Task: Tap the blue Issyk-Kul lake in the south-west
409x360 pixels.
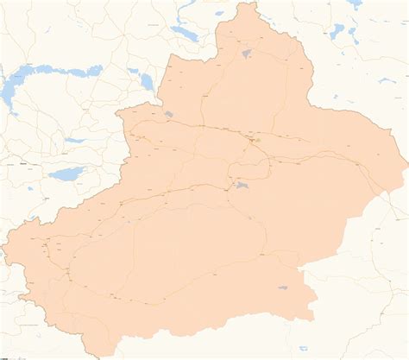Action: click(x=65, y=174)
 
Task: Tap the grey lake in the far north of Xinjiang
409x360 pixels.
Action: click(x=247, y=54)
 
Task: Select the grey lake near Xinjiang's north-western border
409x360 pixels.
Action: click(x=168, y=114)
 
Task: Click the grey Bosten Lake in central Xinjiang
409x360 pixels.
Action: click(x=239, y=185)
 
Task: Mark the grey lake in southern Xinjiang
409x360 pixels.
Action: click(x=282, y=288)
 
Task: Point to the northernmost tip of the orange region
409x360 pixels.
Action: click(x=251, y=3)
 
